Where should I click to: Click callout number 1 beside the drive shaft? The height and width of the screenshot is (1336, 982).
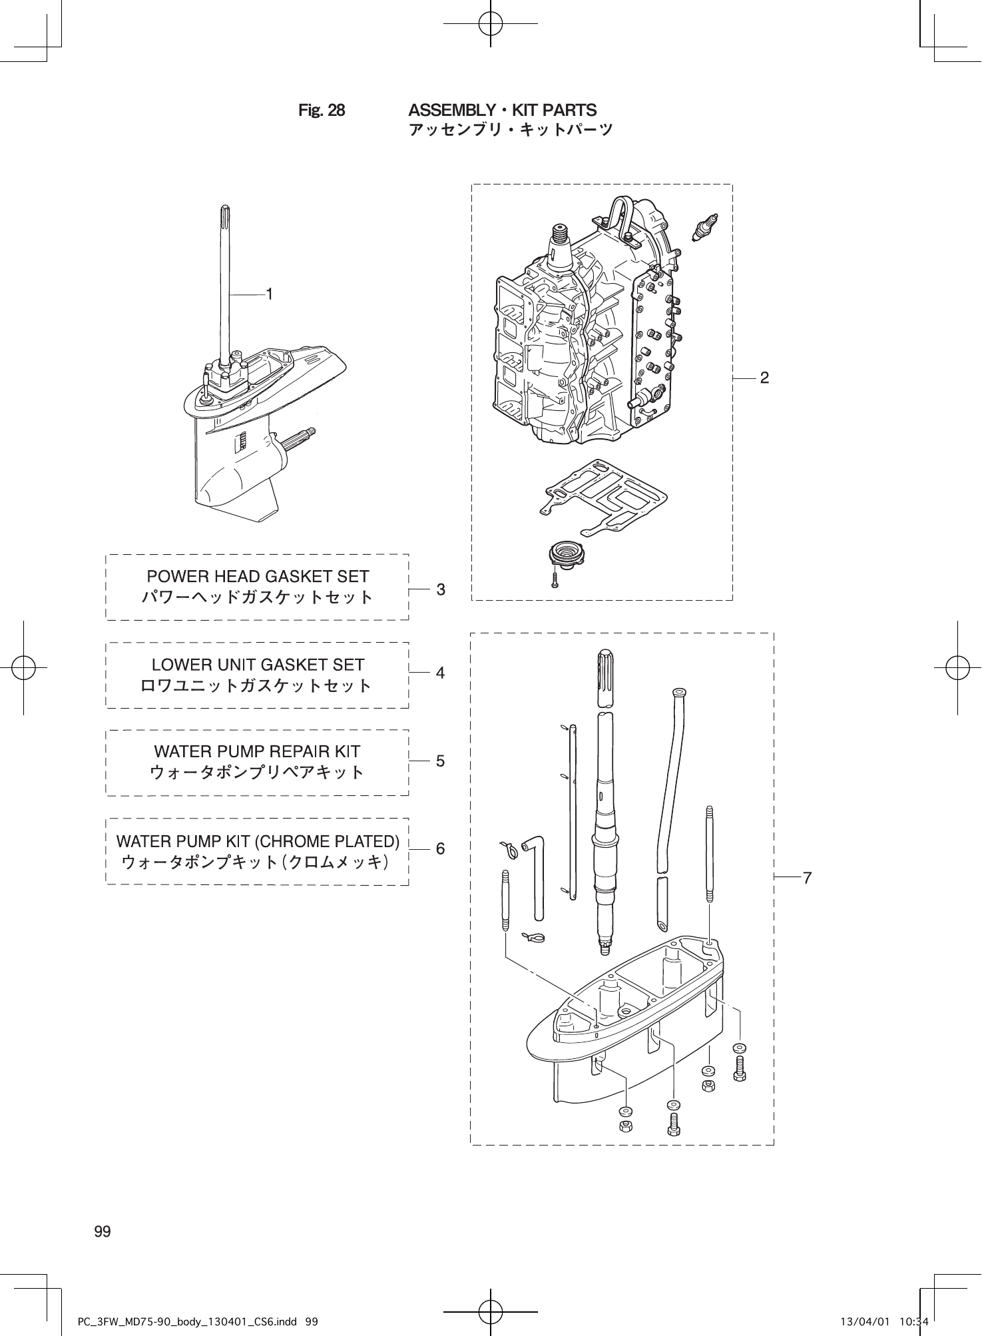click(x=270, y=294)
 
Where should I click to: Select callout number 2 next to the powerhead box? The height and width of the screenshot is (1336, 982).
click(x=764, y=378)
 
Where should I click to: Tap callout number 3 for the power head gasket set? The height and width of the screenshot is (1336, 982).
click(x=440, y=589)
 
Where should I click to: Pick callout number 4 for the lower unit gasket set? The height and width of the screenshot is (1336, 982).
click(x=440, y=673)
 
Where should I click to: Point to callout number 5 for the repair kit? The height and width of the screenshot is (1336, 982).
click(x=440, y=761)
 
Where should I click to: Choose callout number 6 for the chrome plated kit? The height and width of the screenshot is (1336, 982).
click(x=440, y=848)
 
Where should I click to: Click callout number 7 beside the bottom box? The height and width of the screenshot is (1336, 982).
click(x=807, y=878)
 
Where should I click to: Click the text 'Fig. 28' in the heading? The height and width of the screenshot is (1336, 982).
click(x=322, y=111)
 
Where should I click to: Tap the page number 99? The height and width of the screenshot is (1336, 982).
click(x=103, y=1231)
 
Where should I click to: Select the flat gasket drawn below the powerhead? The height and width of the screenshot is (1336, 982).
click(x=603, y=496)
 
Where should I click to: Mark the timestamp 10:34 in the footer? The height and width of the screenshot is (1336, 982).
click(x=913, y=1319)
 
